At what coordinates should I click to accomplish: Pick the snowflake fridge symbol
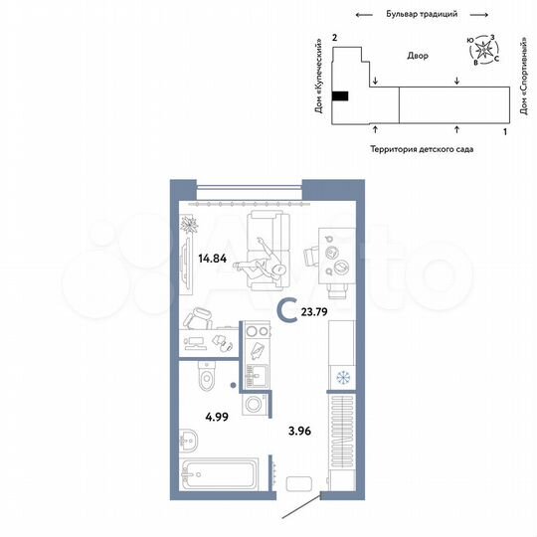tap(341, 378)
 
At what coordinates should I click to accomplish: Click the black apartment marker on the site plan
tap(340, 96)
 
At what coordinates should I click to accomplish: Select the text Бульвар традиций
tap(421, 15)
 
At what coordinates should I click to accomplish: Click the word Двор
tap(418, 56)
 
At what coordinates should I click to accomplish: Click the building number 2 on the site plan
tap(335, 37)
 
